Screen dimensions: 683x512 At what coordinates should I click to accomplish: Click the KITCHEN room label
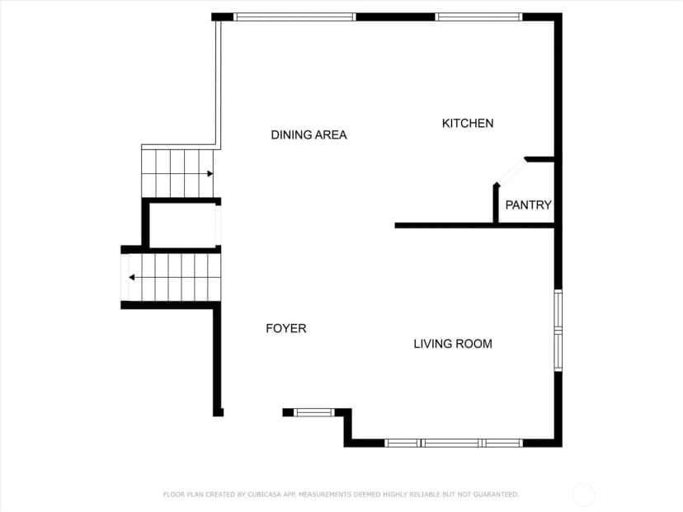click(x=468, y=123)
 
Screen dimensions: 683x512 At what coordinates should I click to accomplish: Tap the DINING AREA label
click(x=309, y=135)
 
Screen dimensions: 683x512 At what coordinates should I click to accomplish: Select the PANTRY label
click(x=529, y=204)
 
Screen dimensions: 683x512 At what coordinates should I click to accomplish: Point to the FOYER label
click(x=286, y=328)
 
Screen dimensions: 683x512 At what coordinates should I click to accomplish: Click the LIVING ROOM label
click(x=453, y=344)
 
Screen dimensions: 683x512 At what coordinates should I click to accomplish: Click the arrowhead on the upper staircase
click(x=210, y=174)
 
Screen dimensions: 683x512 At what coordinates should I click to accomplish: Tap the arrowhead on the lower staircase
click(x=131, y=277)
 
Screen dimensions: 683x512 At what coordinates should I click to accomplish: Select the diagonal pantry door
click(x=511, y=171)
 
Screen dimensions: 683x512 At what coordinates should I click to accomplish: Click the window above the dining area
click(x=294, y=17)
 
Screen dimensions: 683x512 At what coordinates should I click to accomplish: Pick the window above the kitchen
click(x=478, y=17)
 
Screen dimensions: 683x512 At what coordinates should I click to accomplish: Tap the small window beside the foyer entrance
click(x=314, y=412)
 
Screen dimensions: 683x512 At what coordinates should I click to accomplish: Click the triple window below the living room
click(x=454, y=444)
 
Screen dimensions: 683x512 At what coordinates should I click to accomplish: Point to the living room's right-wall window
click(x=558, y=331)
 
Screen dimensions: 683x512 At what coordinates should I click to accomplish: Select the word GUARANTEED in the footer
click(x=496, y=495)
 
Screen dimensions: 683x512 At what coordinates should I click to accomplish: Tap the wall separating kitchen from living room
click(x=475, y=226)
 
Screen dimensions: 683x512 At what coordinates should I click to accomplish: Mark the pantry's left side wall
click(x=496, y=204)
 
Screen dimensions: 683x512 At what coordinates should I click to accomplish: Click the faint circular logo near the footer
click(x=583, y=495)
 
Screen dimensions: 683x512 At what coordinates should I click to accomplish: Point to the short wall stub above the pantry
click(x=539, y=159)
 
